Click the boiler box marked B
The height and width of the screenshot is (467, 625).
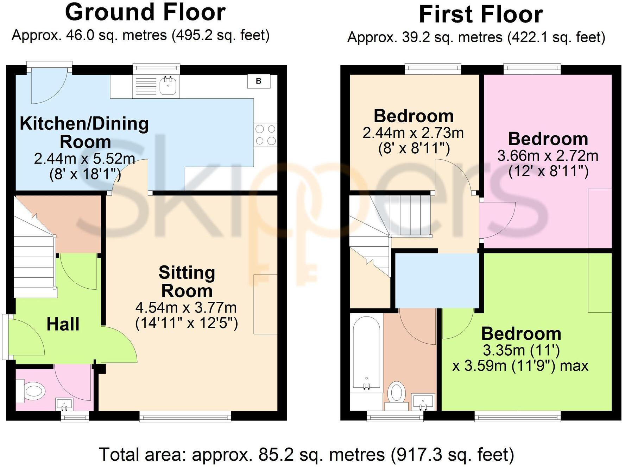(x=259, y=81)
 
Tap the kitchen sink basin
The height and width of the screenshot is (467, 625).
(x=168, y=86)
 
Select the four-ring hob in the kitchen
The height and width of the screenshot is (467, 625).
(x=265, y=135)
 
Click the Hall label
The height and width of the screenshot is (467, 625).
(x=63, y=324)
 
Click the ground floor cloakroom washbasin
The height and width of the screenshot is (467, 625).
(x=64, y=404)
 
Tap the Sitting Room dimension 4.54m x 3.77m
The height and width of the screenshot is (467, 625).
(x=186, y=308)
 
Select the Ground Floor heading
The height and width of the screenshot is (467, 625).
(x=145, y=12)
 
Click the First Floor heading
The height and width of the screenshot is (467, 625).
(x=481, y=14)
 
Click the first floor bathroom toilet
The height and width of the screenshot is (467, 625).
(x=397, y=393)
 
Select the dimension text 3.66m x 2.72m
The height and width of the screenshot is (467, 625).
(x=548, y=156)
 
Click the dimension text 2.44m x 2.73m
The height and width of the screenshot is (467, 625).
(x=413, y=133)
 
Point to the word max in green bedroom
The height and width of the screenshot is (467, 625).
(x=574, y=365)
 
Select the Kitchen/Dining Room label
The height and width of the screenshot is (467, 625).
(x=84, y=133)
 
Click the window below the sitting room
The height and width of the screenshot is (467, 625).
(x=185, y=417)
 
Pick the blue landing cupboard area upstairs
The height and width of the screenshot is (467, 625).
(x=437, y=281)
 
